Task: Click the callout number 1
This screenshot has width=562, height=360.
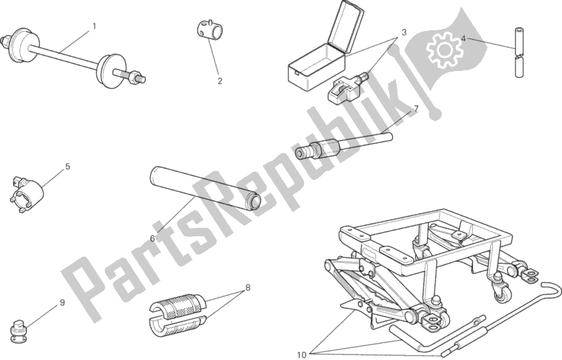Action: coord(94,26)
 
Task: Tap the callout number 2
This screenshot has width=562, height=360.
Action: coord(219,81)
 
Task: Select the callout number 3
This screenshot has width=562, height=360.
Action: coord(404,32)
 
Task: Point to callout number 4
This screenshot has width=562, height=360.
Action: coord(463,39)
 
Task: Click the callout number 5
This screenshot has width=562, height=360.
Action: coord(68,167)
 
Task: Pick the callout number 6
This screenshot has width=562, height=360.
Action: coord(153,238)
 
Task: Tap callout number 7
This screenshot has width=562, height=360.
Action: coord(416,108)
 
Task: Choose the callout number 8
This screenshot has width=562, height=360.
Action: coord(248,288)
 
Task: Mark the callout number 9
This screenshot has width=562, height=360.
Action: coord(62,302)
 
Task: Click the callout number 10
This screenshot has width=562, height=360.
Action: coord(302,354)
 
